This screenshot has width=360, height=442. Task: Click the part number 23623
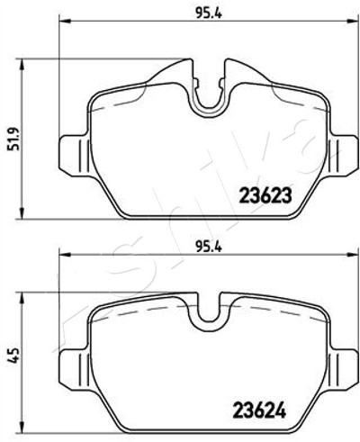[265, 196]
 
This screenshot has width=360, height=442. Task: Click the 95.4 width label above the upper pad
[209, 14]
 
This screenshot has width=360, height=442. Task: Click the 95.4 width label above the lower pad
[209, 248]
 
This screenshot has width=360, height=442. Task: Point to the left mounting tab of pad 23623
[75, 155]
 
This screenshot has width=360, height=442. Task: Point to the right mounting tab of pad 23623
[345, 155]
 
